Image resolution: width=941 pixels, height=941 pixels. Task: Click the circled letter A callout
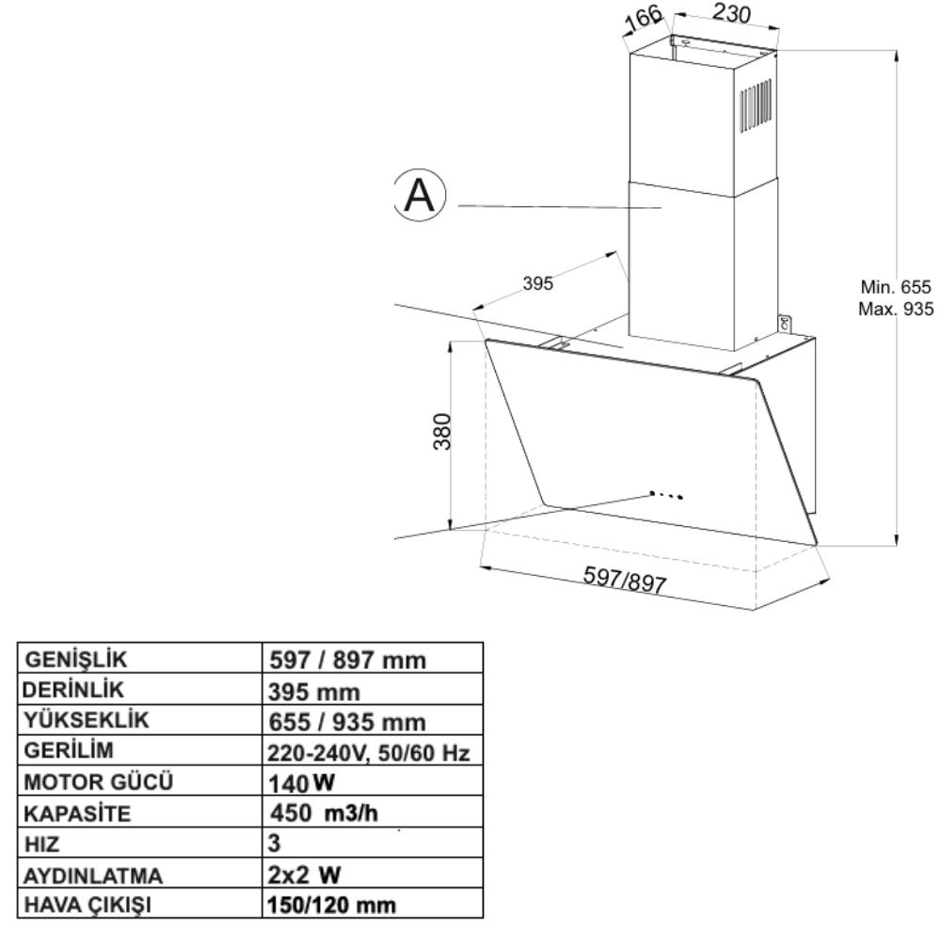pyautogui.click(x=420, y=195)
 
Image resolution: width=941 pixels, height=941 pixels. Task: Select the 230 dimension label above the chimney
pyautogui.click(x=730, y=12)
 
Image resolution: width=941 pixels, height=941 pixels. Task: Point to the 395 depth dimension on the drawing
pyautogui.click(x=537, y=283)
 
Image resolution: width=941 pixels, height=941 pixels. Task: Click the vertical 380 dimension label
pyautogui.click(x=442, y=432)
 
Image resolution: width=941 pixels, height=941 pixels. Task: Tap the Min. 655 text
pyautogui.click(x=896, y=287)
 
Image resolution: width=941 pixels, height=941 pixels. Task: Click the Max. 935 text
pyautogui.click(x=896, y=309)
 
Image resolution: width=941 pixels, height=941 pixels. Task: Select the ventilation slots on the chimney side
pyautogui.click(x=757, y=105)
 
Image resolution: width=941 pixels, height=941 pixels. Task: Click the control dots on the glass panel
pyautogui.click(x=666, y=495)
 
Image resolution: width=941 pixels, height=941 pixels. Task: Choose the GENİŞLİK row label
pyautogui.click(x=76, y=660)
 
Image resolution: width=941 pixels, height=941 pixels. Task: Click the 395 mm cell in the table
pyautogui.click(x=314, y=692)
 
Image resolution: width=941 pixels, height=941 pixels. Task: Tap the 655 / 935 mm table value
pyautogui.click(x=347, y=722)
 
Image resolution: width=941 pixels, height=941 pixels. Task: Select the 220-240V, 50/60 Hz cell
pyautogui.click(x=369, y=753)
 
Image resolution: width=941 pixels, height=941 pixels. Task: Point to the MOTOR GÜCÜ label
pyautogui.click(x=99, y=783)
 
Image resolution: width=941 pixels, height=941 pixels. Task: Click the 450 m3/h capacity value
pyautogui.click(x=324, y=813)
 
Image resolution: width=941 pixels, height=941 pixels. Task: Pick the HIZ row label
pyautogui.click(x=42, y=844)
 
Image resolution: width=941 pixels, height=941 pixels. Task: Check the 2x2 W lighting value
pyautogui.click(x=304, y=875)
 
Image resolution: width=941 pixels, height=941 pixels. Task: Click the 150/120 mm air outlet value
pyautogui.click(x=331, y=905)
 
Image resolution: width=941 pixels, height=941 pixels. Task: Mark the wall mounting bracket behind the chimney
pyautogui.click(x=785, y=323)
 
